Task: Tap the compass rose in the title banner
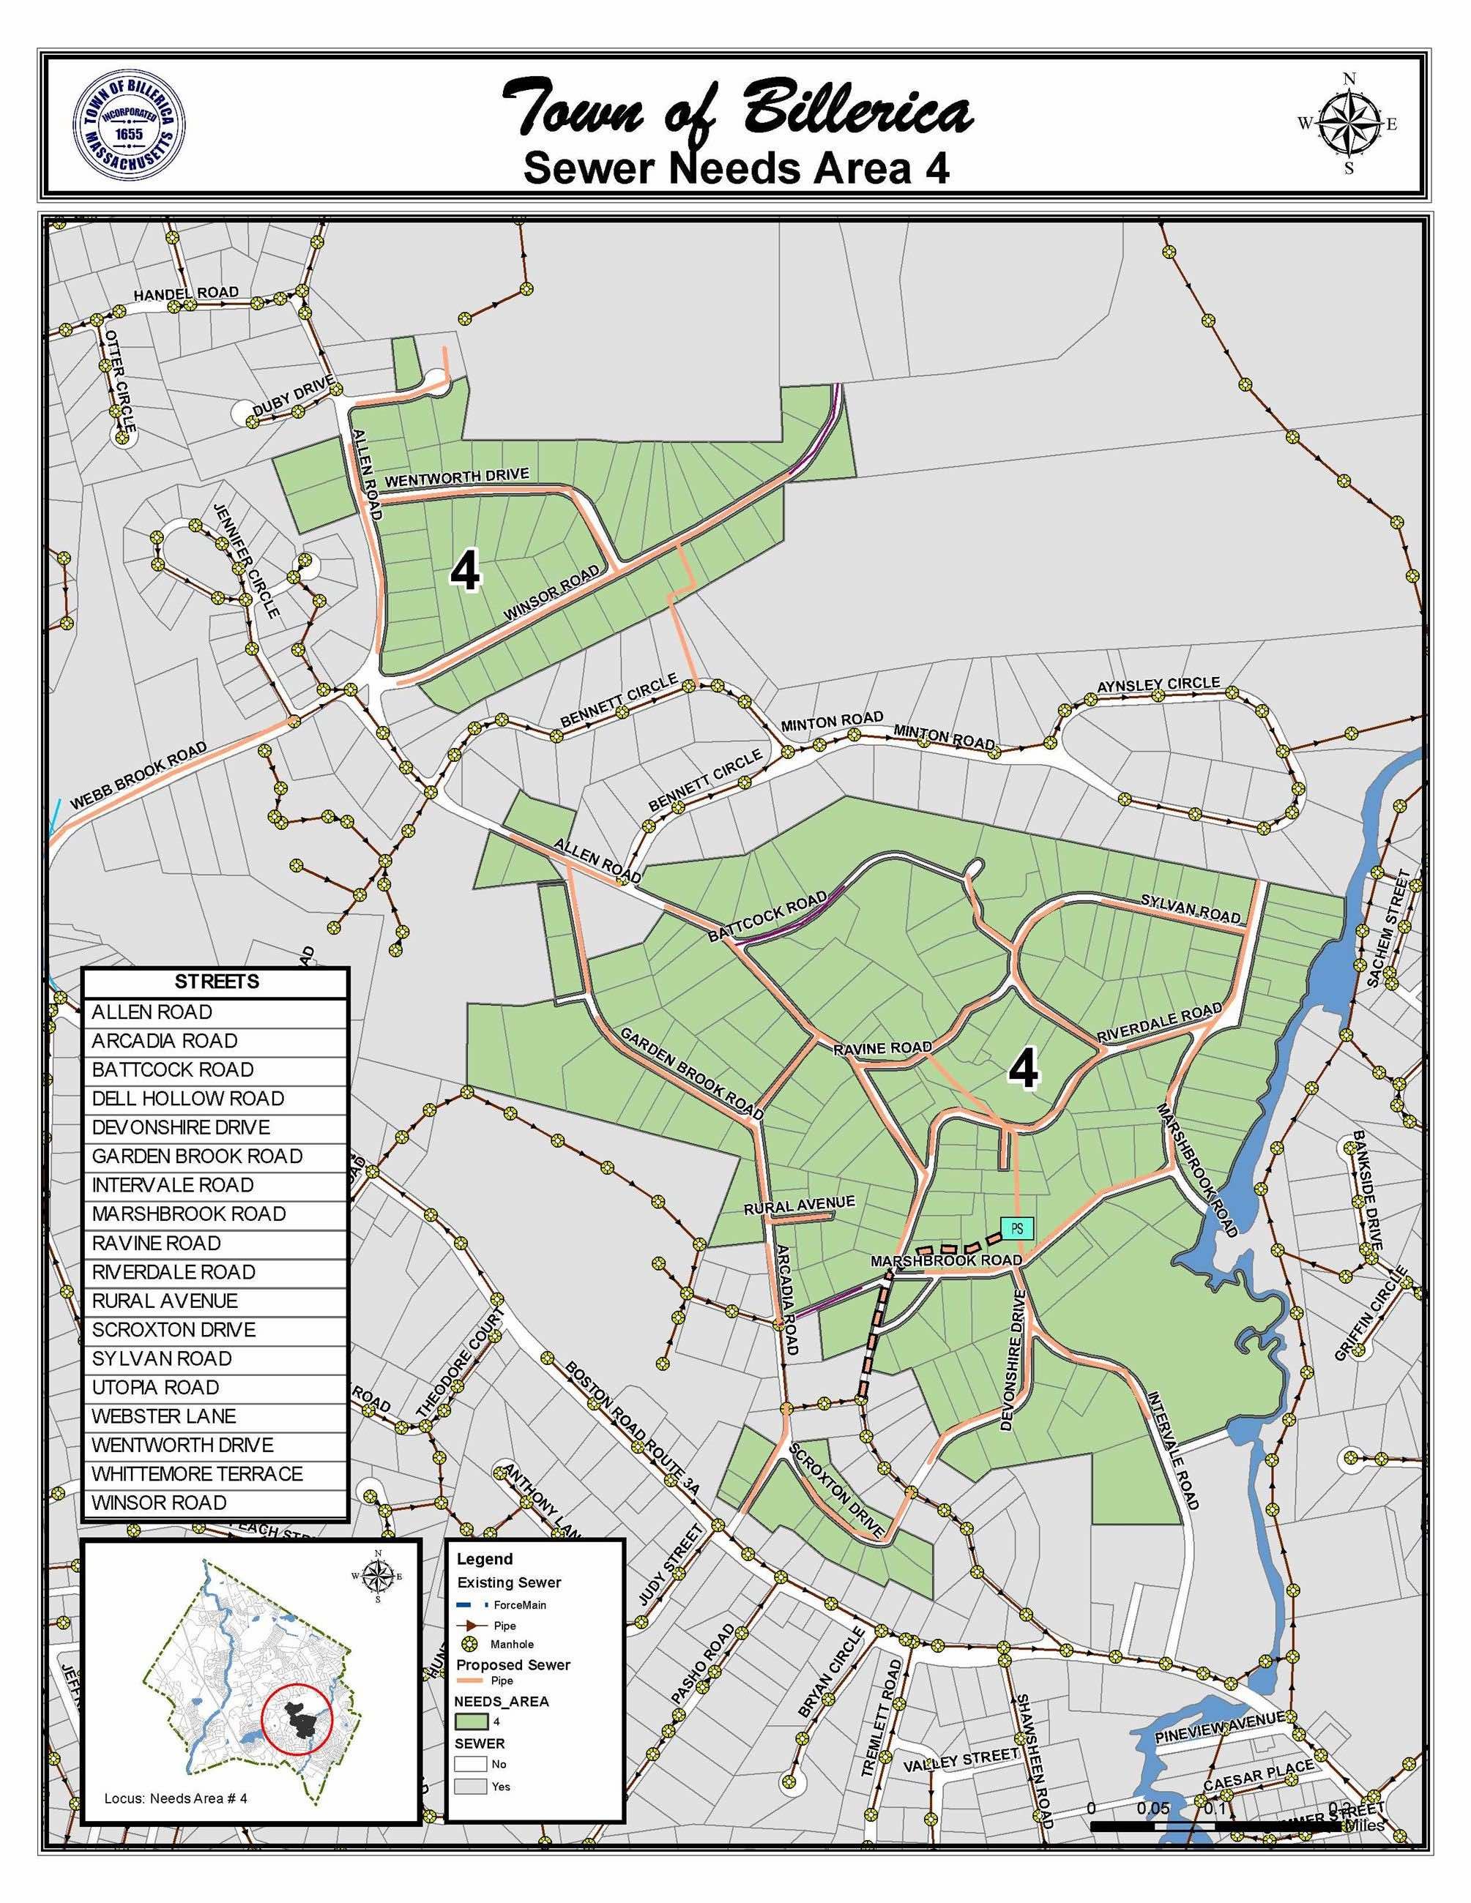pos(1347,124)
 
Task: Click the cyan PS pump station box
pos(1016,1230)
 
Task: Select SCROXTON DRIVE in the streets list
pos(174,1330)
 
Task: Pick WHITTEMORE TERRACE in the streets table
pos(197,1473)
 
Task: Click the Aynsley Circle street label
pos(1158,686)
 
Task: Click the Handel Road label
pos(186,294)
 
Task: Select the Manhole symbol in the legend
pos(472,1643)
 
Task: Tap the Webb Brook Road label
pos(138,777)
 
